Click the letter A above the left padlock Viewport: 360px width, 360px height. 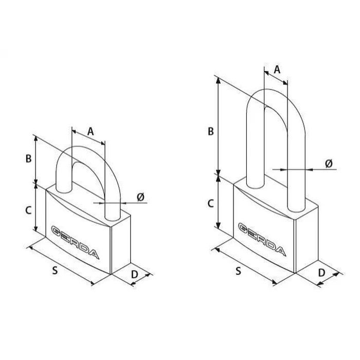click(x=91, y=132)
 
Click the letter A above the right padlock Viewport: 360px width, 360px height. click(x=277, y=69)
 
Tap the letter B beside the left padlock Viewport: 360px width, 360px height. click(x=28, y=158)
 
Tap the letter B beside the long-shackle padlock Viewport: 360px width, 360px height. click(x=210, y=132)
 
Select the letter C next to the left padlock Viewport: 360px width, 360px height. click(x=28, y=210)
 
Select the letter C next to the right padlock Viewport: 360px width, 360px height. click(x=210, y=204)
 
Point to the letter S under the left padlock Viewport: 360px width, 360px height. click(x=55, y=270)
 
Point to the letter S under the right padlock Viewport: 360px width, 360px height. click(x=238, y=271)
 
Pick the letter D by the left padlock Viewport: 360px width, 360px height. click(x=135, y=274)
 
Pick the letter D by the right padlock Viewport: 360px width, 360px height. click(x=321, y=273)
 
